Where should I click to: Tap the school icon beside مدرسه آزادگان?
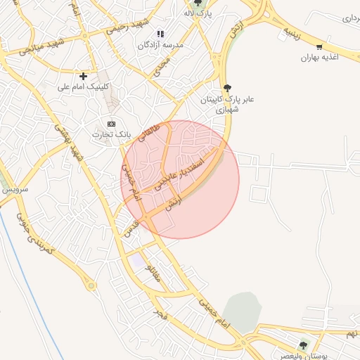point(160,33)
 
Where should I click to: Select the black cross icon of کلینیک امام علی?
point(83,75)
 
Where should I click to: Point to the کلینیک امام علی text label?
point(83,86)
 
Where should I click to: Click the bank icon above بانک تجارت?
point(111,124)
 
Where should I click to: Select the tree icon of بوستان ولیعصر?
point(304,345)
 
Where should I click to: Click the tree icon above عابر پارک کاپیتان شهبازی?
point(226,88)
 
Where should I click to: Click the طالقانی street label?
point(149,132)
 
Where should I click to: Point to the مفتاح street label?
point(154,272)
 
